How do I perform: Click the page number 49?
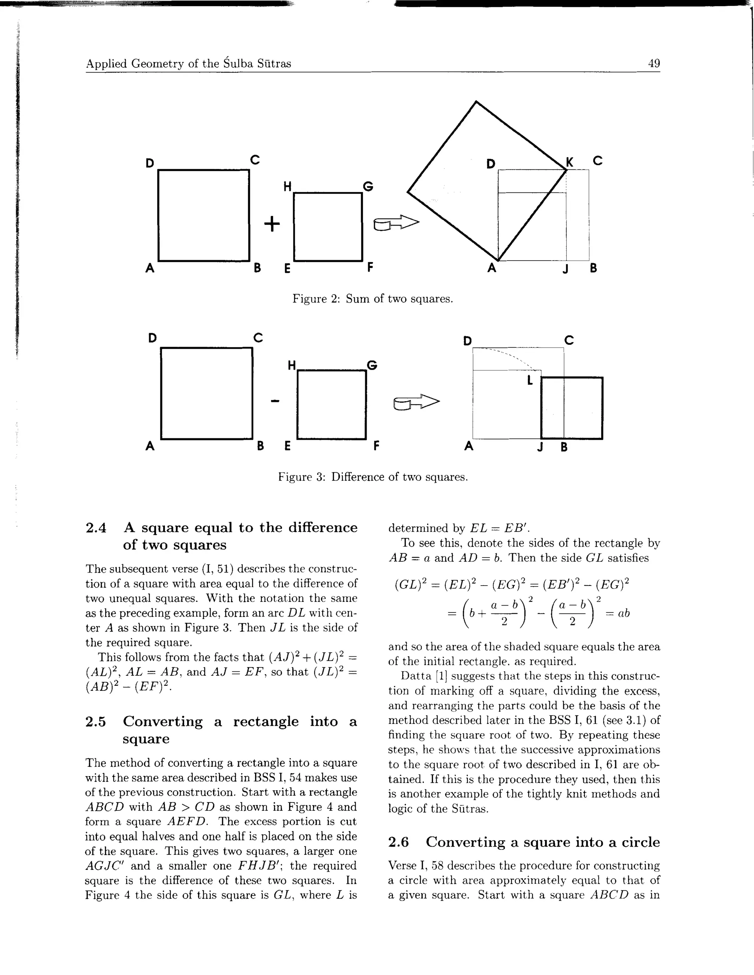pyautogui.click(x=653, y=63)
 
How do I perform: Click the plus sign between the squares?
pyautogui.click(x=272, y=223)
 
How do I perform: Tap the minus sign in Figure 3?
pyautogui.click(x=275, y=401)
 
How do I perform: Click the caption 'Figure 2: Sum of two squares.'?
pyautogui.click(x=373, y=298)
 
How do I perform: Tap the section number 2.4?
pyautogui.click(x=96, y=528)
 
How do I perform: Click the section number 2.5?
pyautogui.click(x=96, y=721)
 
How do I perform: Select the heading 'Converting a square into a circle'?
pyautogui.click(x=542, y=842)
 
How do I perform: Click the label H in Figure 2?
pyautogui.click(x=287, y=186)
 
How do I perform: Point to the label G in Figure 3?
pyautogui.click(x=371, y=365)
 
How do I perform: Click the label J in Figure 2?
pyautogui.click(x=566, y=269)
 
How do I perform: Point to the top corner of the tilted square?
pyautogui.click(x=476, y=102)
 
